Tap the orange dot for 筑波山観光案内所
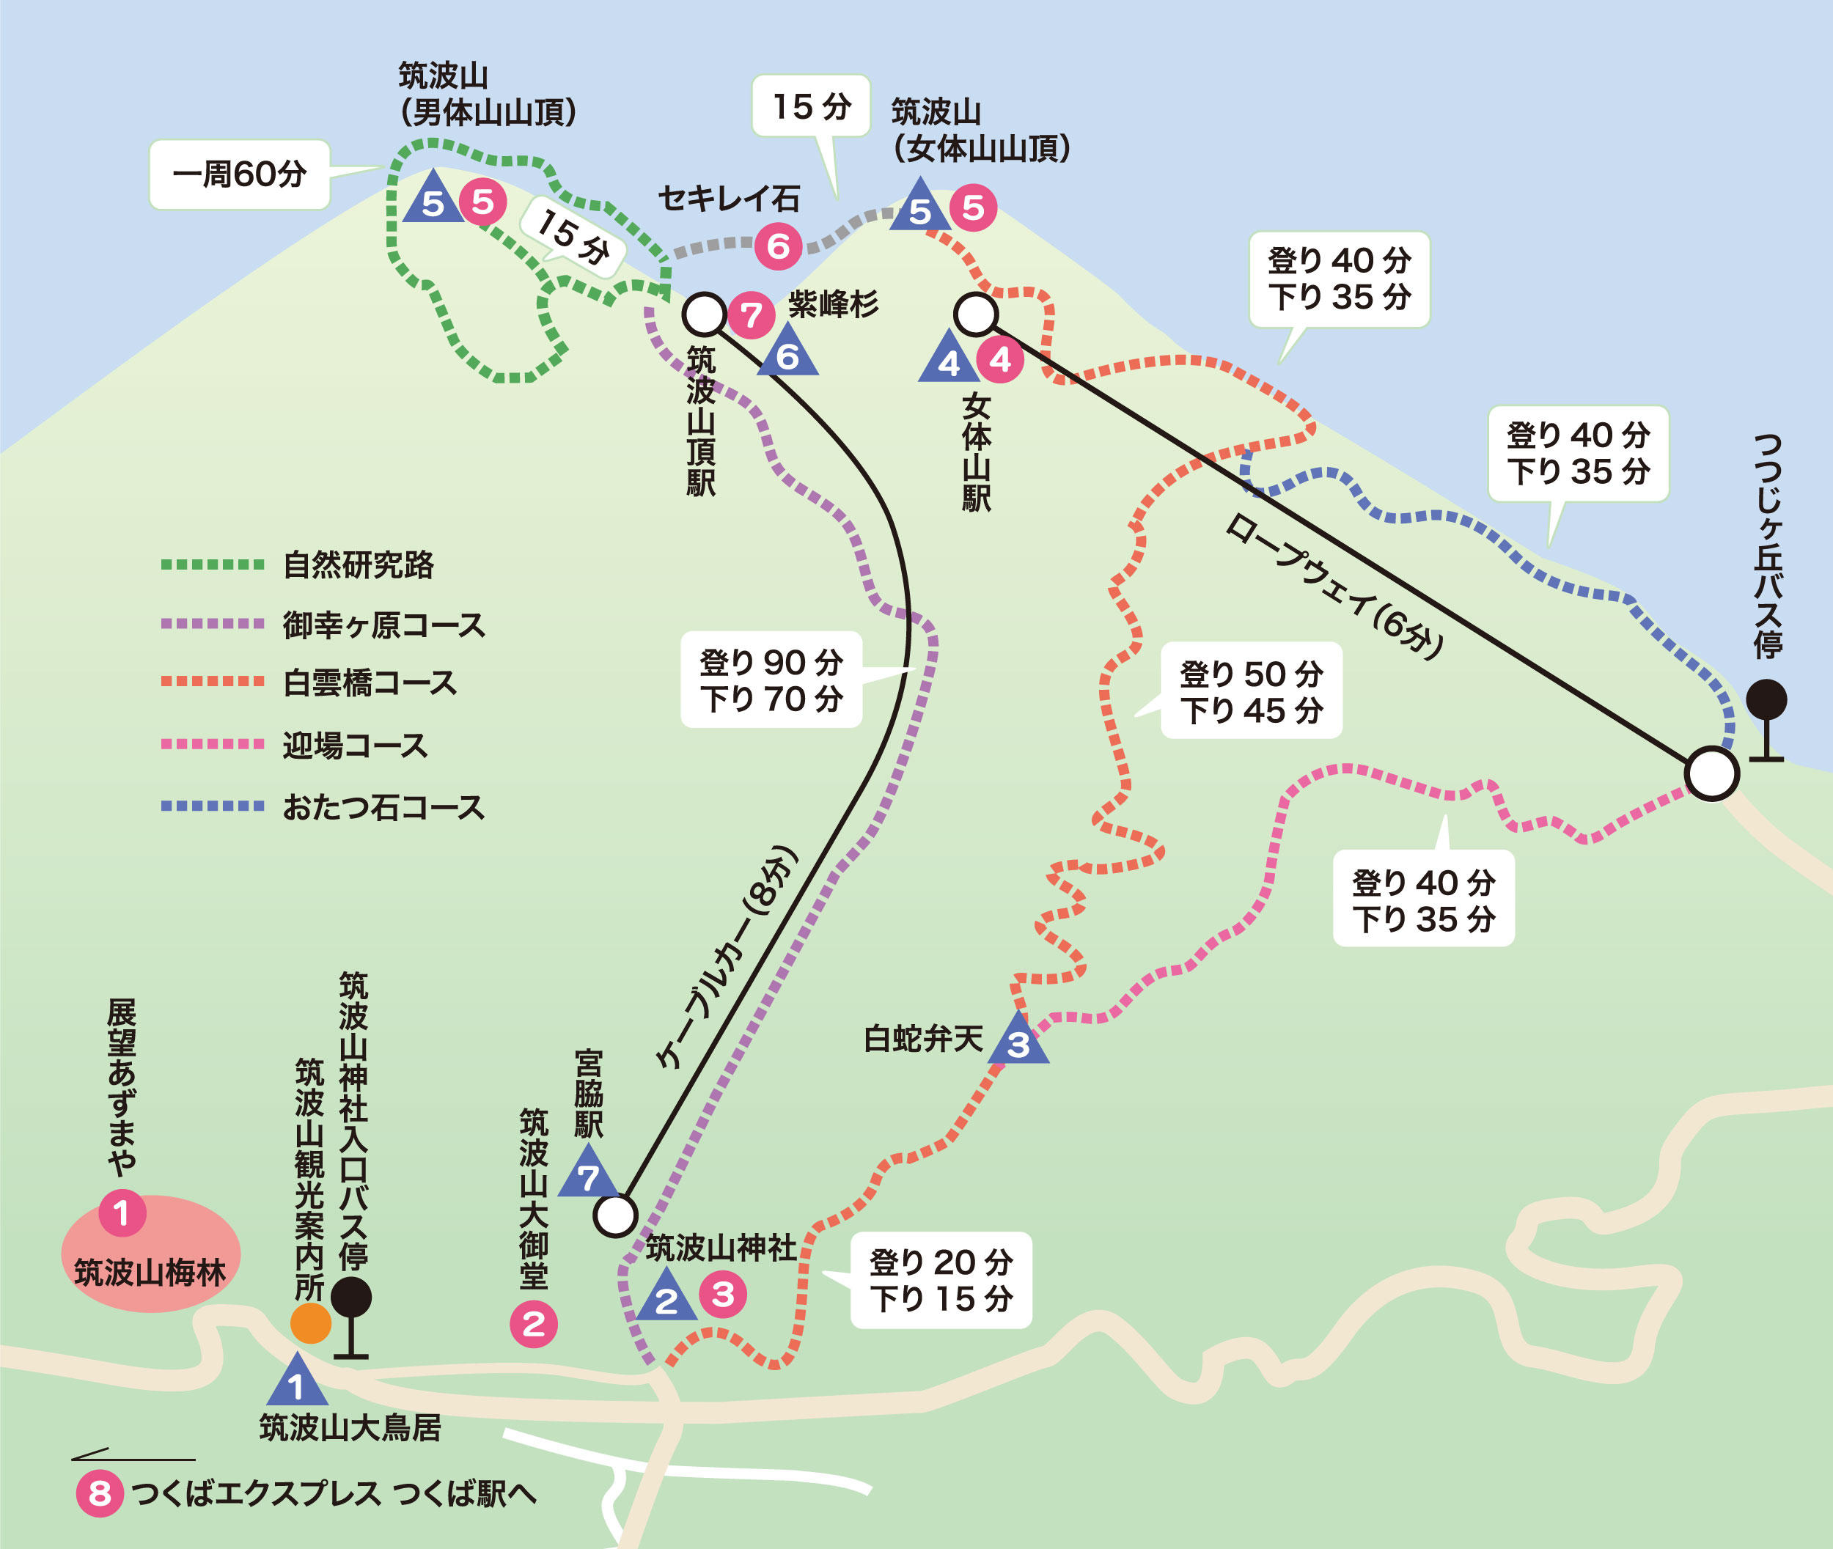coord(311,1323)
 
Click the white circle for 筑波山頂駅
coord(704,314)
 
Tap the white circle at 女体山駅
coord(976,314)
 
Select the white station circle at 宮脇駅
coord(615,1216)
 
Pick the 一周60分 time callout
coord(239,174)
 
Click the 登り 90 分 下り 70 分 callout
coord(771,680)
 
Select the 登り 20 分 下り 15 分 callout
coord(941,1280)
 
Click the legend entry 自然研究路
coord(359,564)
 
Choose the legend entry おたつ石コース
coord(383,807)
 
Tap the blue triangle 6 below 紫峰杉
coord(788,353)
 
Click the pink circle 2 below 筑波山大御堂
coord(534,1323)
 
